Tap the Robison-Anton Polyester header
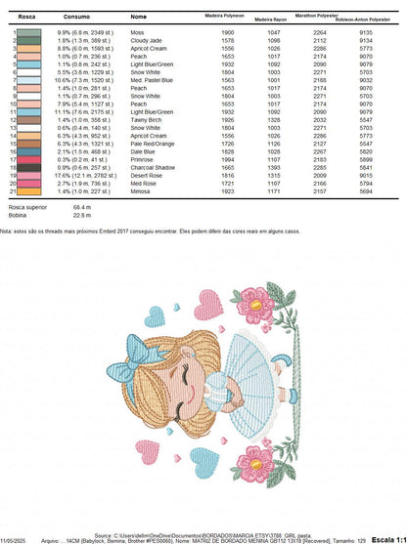pyautogui.click(x=364, y=20)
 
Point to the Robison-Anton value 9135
pyautogui.click(x=365, y=32)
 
